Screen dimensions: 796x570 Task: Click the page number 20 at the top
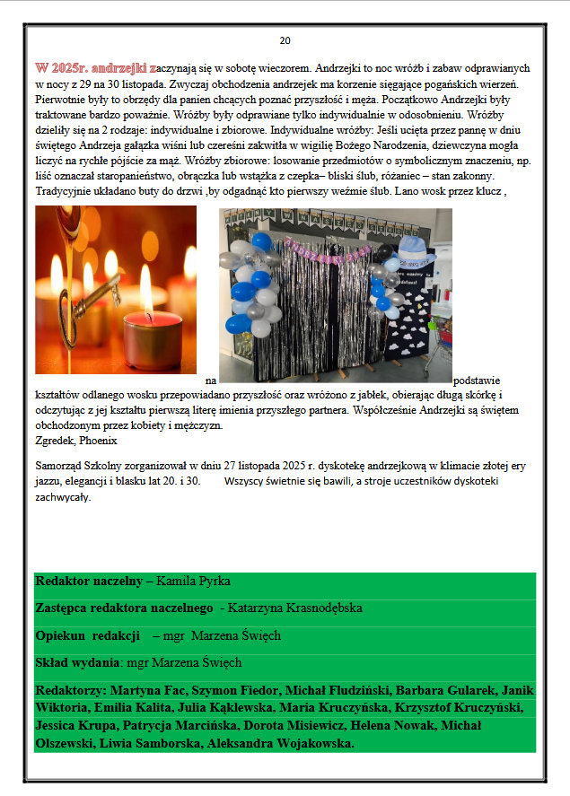pos(285,40)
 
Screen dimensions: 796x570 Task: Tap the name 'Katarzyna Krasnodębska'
pos(295,608)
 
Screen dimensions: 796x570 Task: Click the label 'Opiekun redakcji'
pos(88,636)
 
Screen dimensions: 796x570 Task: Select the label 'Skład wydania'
pos(77,663)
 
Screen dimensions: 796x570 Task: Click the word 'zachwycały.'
pos(63,496)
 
